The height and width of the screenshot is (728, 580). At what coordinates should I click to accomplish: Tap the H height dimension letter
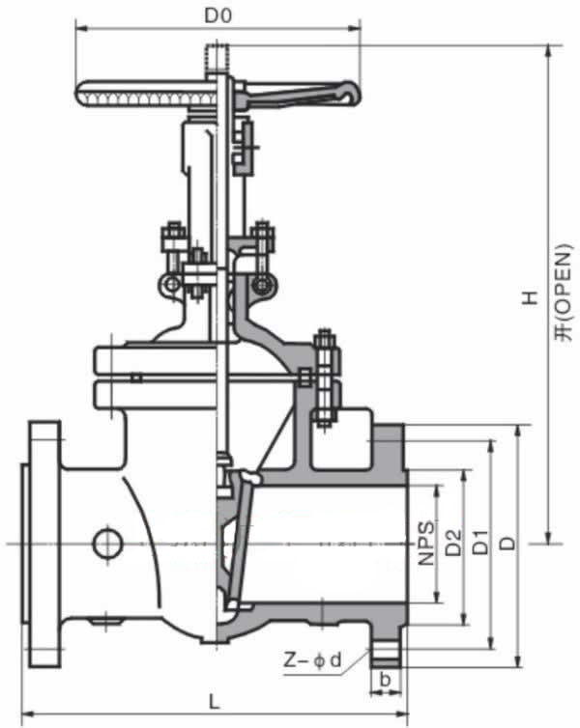click(529, 298)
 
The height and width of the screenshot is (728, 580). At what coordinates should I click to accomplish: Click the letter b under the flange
click(385, 679)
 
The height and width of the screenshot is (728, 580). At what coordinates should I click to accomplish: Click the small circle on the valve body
click(107, 544)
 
